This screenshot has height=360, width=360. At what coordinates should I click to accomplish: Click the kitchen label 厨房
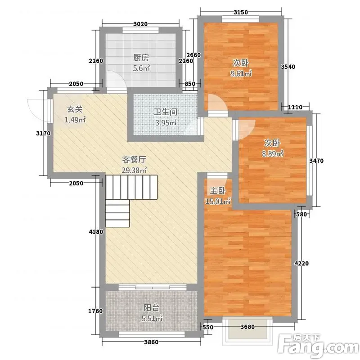pos(141,58)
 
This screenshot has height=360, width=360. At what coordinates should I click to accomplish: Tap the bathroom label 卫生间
pos(165,112)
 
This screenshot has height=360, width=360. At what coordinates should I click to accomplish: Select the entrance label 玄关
pos(75,109)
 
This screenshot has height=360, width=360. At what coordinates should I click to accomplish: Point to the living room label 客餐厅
pos(134,160)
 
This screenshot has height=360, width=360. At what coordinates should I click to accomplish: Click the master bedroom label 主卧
pos(218,190)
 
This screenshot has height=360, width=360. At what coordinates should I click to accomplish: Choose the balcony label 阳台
pos(151,308)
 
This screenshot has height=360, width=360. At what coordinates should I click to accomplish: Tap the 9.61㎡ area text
pos(241,73)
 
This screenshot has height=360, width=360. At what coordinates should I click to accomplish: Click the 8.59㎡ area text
pos(273,153)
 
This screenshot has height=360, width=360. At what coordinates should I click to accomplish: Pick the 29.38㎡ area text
pos(134,171)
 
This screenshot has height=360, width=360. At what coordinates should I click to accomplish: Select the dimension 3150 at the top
pos(241,12)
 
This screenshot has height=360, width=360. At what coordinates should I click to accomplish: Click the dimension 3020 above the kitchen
pos(140,24)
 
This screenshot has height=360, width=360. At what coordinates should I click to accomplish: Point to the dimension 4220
pos(301,263)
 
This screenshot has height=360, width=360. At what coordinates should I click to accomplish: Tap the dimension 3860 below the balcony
pos(151,342)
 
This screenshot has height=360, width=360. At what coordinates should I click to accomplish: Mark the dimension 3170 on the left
pos(43,133)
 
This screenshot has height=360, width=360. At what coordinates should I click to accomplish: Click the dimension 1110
pos(295,107)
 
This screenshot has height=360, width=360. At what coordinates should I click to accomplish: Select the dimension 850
pos(190,84)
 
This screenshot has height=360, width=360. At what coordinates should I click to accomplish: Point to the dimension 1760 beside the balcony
pos(95,311)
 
